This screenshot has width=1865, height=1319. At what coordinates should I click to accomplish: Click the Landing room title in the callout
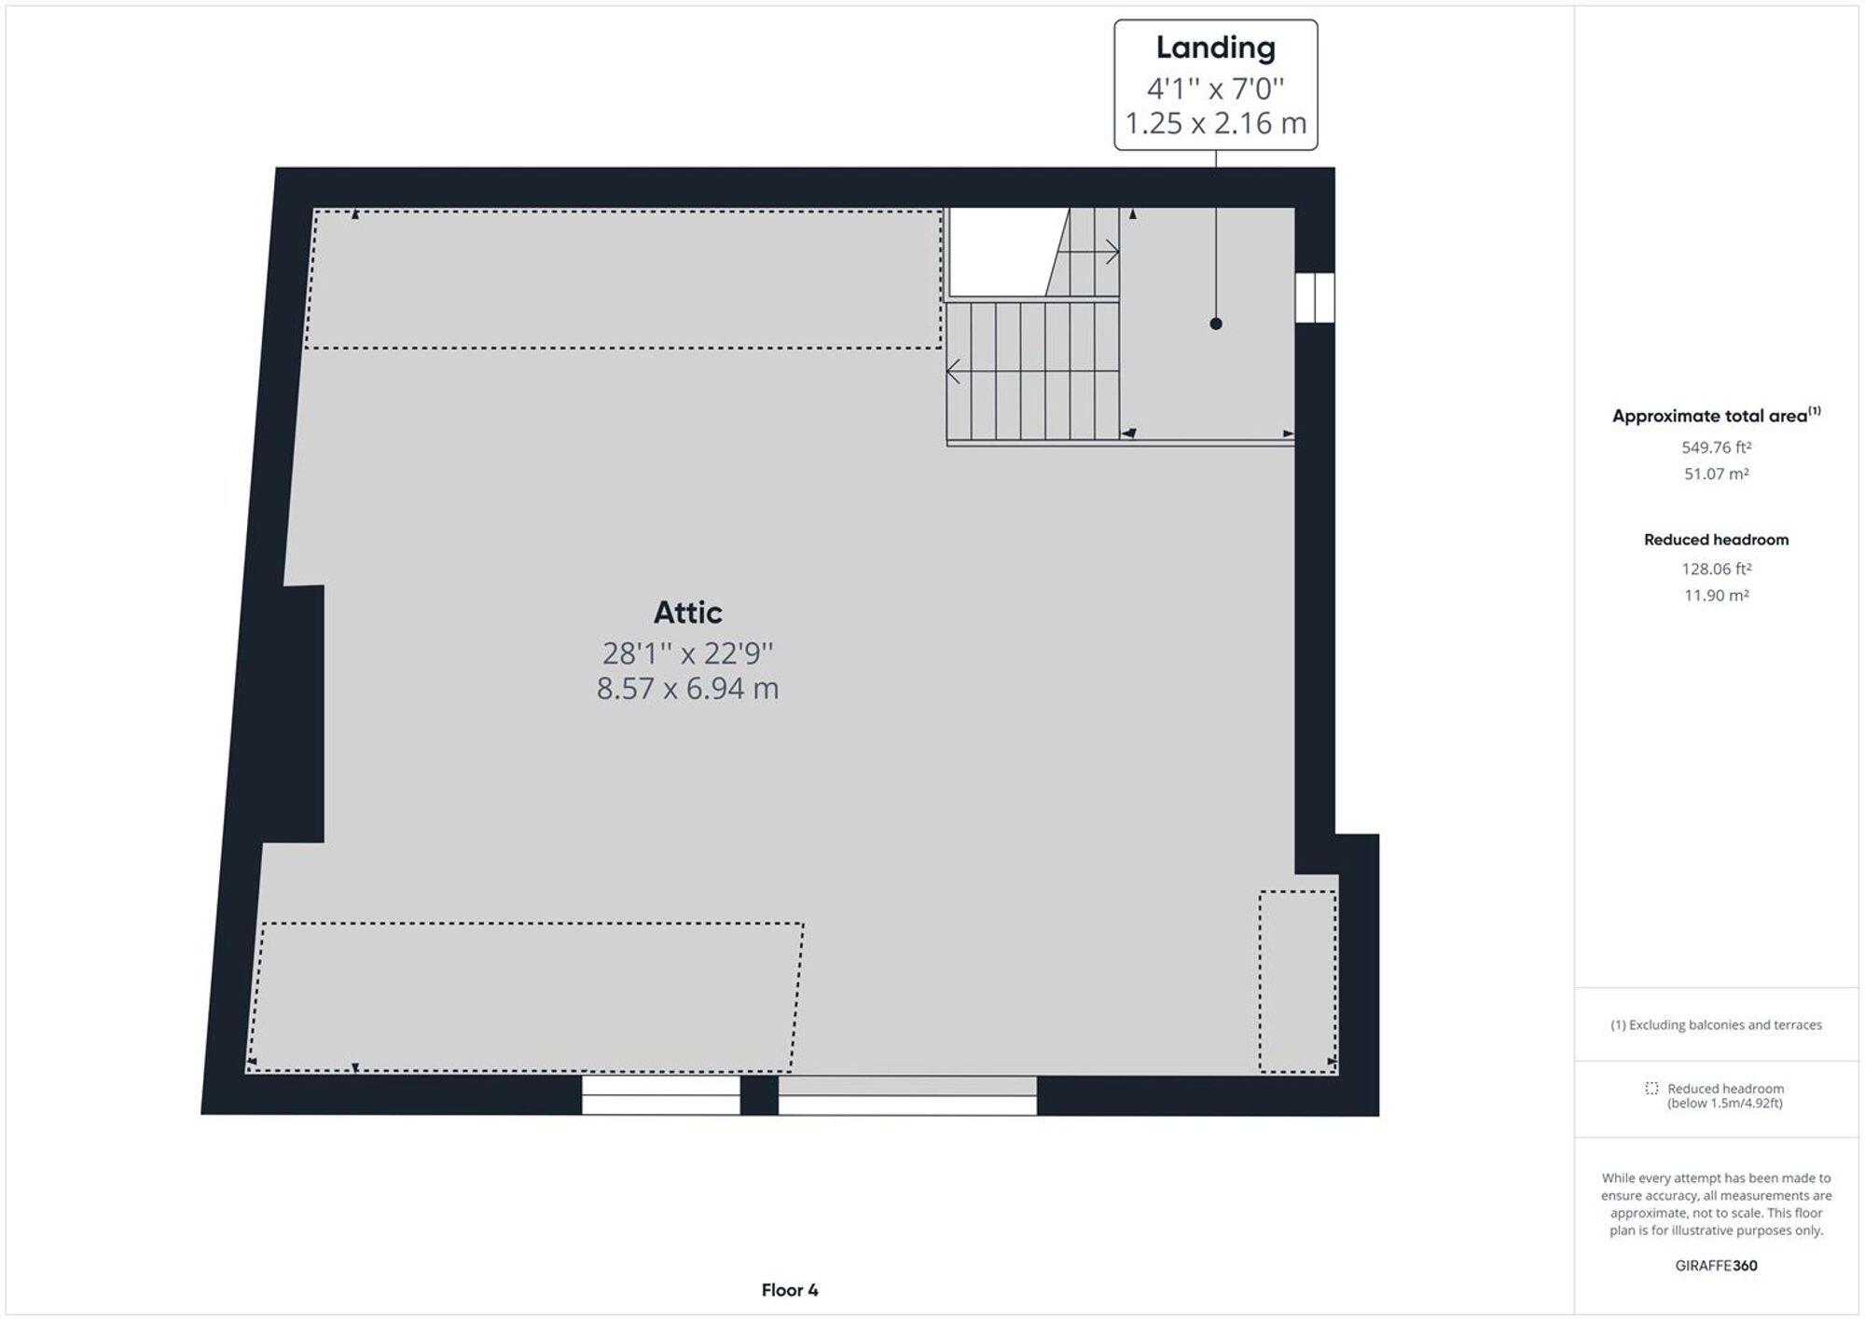coord(1215,48)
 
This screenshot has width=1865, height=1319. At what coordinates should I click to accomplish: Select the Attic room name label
coord(687,612)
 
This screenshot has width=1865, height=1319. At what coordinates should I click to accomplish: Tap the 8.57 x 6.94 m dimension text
coord(687,689)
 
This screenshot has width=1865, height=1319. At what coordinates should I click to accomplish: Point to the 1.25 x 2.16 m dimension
coord(1215,123)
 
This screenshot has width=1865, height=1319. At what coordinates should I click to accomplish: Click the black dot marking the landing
coord(1216,323)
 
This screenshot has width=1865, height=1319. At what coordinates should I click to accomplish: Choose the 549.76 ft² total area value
coord(1716,447)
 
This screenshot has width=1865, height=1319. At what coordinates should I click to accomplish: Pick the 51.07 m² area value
coord(1716,474)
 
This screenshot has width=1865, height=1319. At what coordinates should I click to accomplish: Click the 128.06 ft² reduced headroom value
coord(1716,569)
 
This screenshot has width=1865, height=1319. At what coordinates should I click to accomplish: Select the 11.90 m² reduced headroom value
coord(1716,595)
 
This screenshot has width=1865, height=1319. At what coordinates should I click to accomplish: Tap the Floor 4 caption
coord(789,1290)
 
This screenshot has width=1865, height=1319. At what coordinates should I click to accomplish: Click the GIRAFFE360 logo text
coord(1716,1265)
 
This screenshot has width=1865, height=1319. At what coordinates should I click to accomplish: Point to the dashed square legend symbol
coord(1651,1088)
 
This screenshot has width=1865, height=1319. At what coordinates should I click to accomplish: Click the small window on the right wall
coord(1315,297)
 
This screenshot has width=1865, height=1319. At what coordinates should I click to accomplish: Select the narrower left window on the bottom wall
coord(660,1095)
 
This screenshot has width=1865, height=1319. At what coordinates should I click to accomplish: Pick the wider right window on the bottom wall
coord(907,1096)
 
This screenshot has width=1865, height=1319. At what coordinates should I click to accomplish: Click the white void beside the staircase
coord(999,250)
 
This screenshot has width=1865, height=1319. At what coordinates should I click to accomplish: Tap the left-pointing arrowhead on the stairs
coord(953,372)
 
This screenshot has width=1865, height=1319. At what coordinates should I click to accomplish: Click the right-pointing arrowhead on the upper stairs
coord(1112,251)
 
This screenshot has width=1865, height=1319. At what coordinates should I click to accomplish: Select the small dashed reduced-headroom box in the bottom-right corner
coord(1297,981)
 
